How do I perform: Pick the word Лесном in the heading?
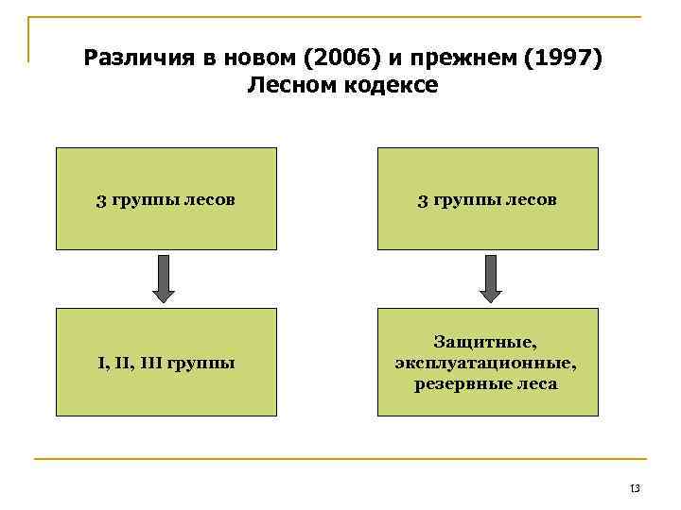pos(288,86)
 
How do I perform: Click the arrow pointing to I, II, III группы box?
pos(166,279)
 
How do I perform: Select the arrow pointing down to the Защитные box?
pos(488,279)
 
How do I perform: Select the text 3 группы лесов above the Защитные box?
pos(488,199)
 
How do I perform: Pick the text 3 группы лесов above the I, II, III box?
pos(166,199)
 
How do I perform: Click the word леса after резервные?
pos(536,383)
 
